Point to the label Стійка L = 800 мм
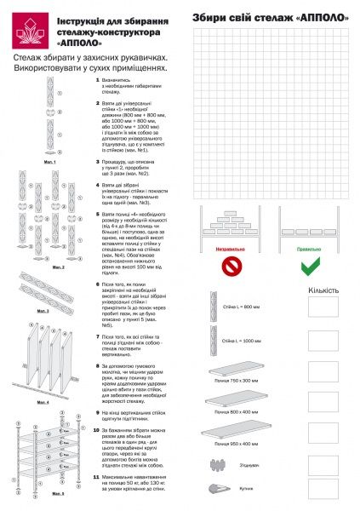(239, 306)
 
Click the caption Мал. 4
(42, 401)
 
